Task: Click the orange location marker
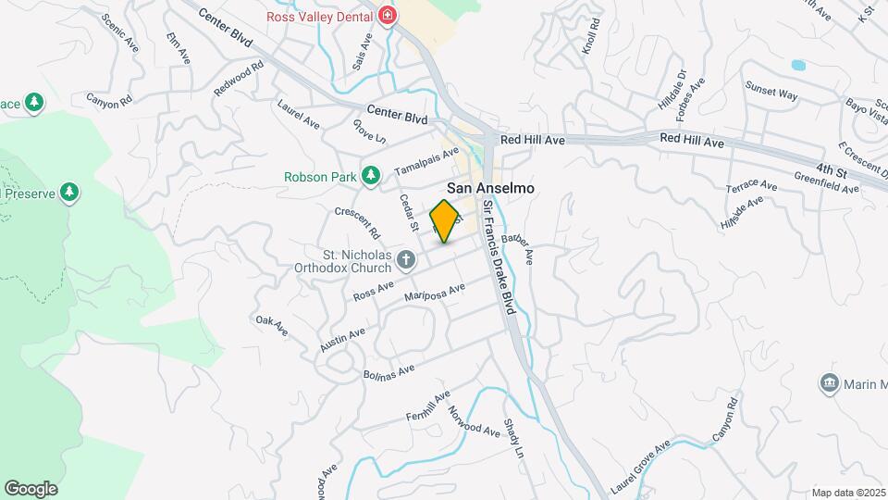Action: tap(445, 220)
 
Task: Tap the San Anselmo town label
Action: tap(491, 186)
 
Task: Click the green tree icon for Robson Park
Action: tap(371, 175)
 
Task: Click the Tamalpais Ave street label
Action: tap(425, 162)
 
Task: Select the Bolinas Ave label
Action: tap(388, 375)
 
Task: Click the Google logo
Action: tap(31, 488)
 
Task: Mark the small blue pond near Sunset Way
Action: tap(797, 66)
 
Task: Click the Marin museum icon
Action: tap(829, 382)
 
